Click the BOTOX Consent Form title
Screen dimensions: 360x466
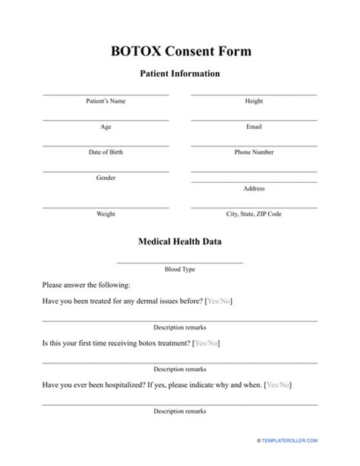coord(180,51)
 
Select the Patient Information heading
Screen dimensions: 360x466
coord(180,74)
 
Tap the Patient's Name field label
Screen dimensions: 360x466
coord(106,101)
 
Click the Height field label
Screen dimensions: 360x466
coord(254,101)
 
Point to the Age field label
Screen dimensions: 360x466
coord(106,127)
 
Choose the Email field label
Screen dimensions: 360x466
coord(254,127)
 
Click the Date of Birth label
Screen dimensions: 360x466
coord(106,152)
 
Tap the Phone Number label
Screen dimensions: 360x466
coord(254,152)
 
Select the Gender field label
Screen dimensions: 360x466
coord(106,178)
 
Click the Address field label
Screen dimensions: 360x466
coord(254,188)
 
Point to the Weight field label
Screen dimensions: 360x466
coord(106,214)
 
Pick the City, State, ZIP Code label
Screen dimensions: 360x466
coord(254,214)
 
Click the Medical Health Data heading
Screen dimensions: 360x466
coord(180,243)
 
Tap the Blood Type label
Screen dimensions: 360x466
coord(180,269)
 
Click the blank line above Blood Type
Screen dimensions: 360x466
coord(180,262)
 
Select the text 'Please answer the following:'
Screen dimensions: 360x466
coord(87,285)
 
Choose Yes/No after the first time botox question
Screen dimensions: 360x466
coord(207,343)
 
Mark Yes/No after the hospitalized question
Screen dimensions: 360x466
coord(277,385)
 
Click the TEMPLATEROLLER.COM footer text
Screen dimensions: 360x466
coord(311,461)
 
